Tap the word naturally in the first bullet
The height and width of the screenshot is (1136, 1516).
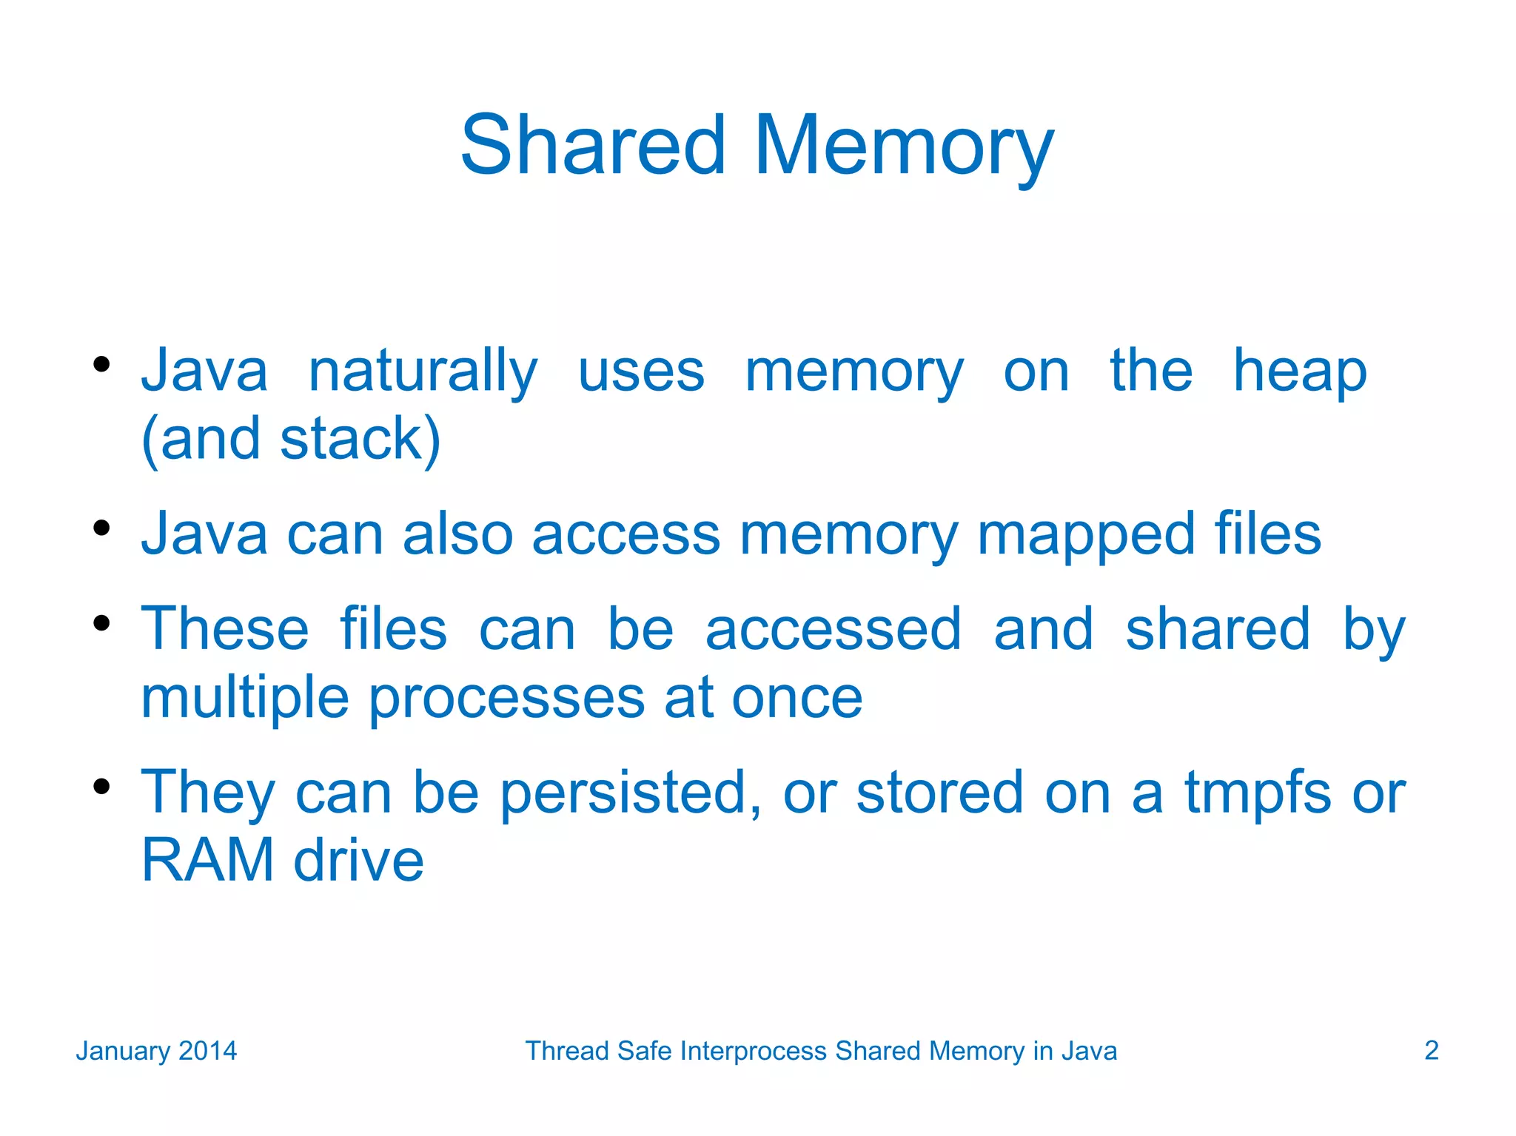coord(423,372)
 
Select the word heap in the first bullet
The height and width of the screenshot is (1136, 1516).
coord(1299,372)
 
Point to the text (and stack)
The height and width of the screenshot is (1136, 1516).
coord(291,440)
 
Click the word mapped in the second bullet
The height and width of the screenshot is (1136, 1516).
coord(1086,534)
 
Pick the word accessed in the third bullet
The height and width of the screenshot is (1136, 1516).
coord(833,629)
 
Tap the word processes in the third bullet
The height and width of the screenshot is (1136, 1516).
coord(506,697)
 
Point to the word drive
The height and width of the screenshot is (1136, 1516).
coord(359,861)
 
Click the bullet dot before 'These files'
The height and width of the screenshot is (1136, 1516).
coord(102,623)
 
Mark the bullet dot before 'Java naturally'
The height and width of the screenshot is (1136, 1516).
coord(102,364)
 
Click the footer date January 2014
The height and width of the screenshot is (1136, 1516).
coord(156,1051)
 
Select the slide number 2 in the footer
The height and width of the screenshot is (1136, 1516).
coord(1431,1051)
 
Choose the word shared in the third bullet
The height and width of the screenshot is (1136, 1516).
coord(1218,629)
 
